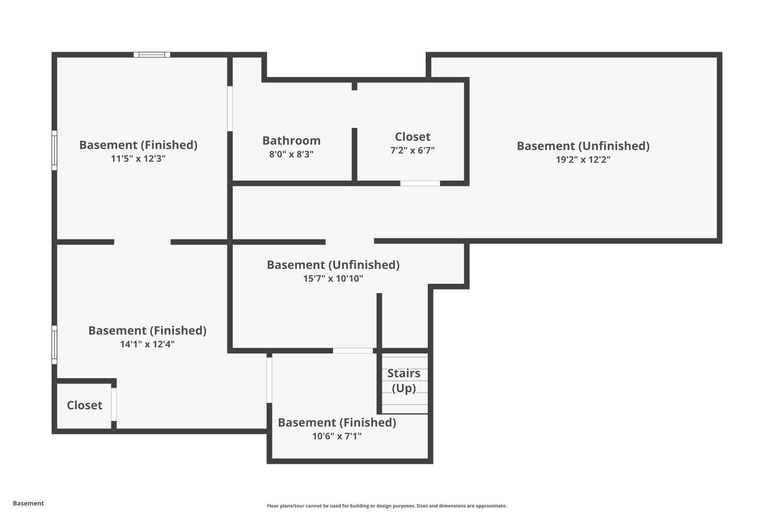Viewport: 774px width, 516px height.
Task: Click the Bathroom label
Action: [292, 141]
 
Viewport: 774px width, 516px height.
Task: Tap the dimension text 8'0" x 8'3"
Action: [292, 154]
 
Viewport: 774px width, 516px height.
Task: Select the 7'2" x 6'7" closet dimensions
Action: [413, 150]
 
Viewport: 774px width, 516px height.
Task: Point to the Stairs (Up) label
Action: [404, 380]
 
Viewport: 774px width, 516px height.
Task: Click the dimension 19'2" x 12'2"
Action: [583, 159]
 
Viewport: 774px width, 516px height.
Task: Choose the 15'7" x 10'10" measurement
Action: [333, 279]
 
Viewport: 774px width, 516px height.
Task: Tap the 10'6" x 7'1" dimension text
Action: [337, 436]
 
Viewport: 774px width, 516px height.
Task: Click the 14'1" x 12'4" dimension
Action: [147, 344]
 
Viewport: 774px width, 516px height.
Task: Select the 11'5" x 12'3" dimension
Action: [138, 158]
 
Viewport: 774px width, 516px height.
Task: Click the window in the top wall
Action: [152, 55]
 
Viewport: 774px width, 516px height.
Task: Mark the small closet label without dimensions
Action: [84, 405]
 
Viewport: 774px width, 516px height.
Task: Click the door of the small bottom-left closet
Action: [114, 405]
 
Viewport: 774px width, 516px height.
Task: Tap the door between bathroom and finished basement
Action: [230, 108]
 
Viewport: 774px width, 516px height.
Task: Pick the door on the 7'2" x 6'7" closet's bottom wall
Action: [420, 183]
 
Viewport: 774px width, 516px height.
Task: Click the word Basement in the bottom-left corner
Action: [28, 503]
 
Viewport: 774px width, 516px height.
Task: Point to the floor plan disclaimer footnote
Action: [386, 506]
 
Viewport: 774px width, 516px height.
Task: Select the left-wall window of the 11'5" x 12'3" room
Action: [54, 150]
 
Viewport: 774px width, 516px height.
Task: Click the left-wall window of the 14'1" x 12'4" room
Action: [54, 345]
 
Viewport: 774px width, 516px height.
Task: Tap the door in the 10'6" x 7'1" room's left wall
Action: [269, 380]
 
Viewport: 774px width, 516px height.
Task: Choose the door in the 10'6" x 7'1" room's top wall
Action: [353, 351]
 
